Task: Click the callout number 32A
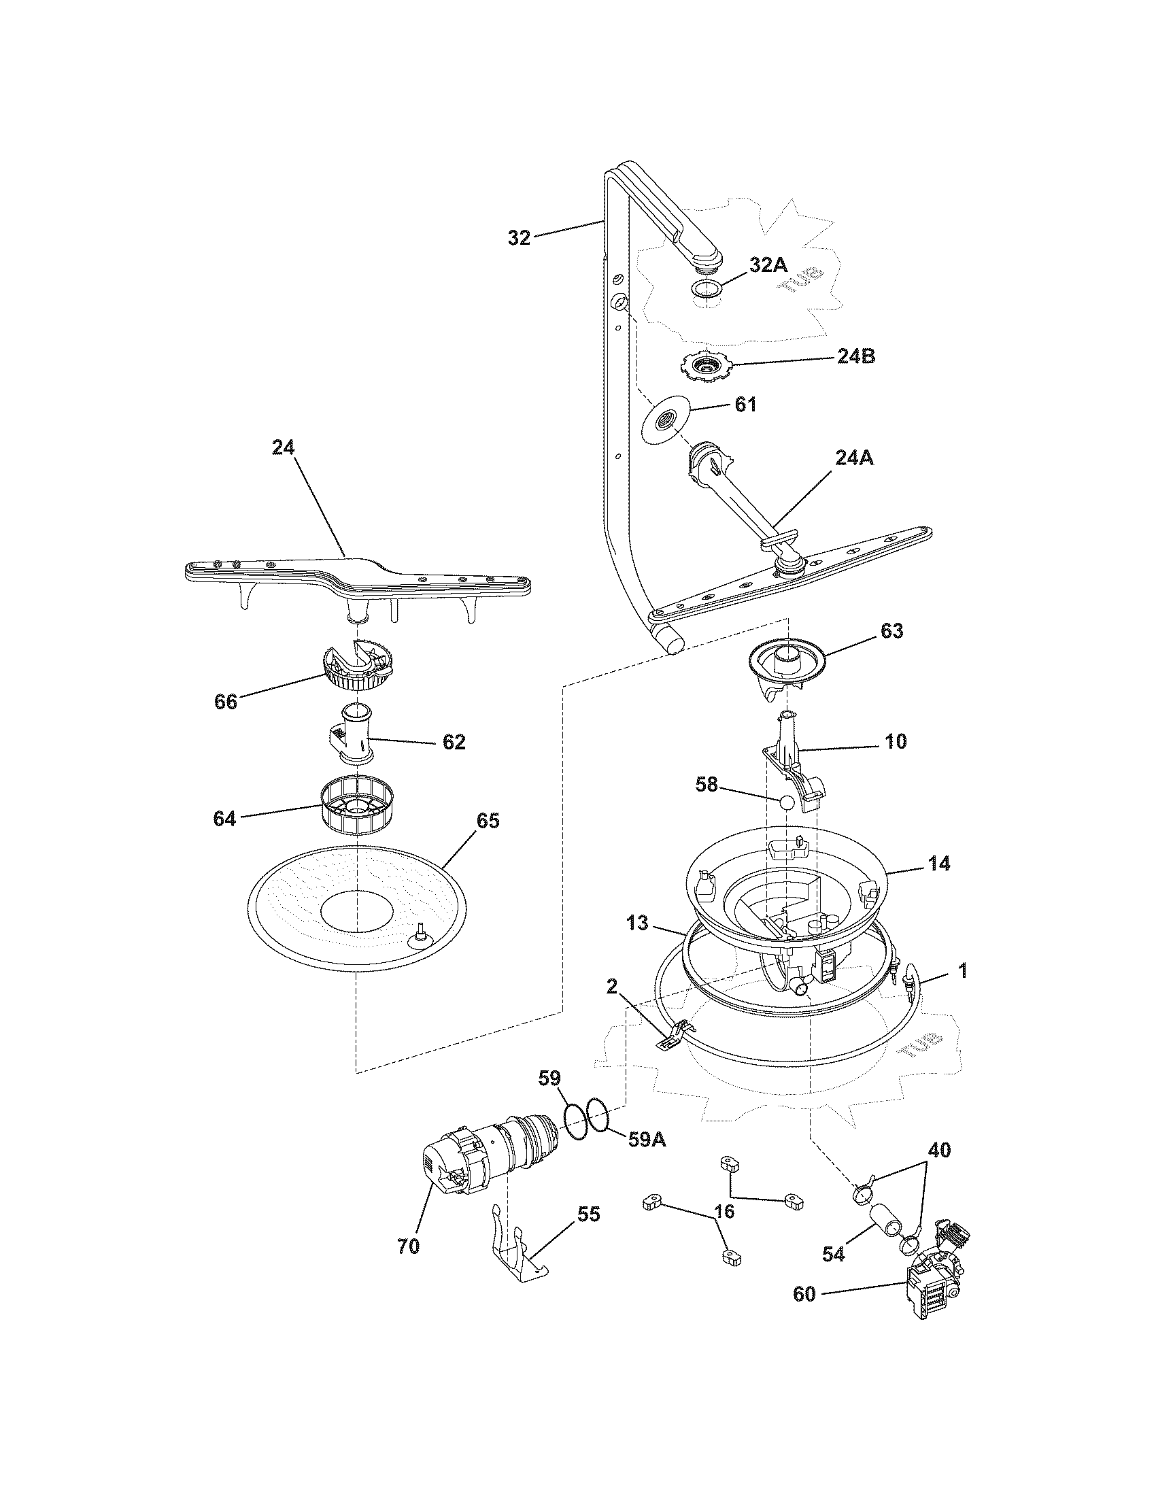pyautogui.click(x=768, y=265)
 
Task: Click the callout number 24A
pyautogui.click(x=854, y=458)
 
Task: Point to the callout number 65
pyautogui.click(x=487, y=821)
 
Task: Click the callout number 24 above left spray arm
pyautogui.click(x=283, y=447)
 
